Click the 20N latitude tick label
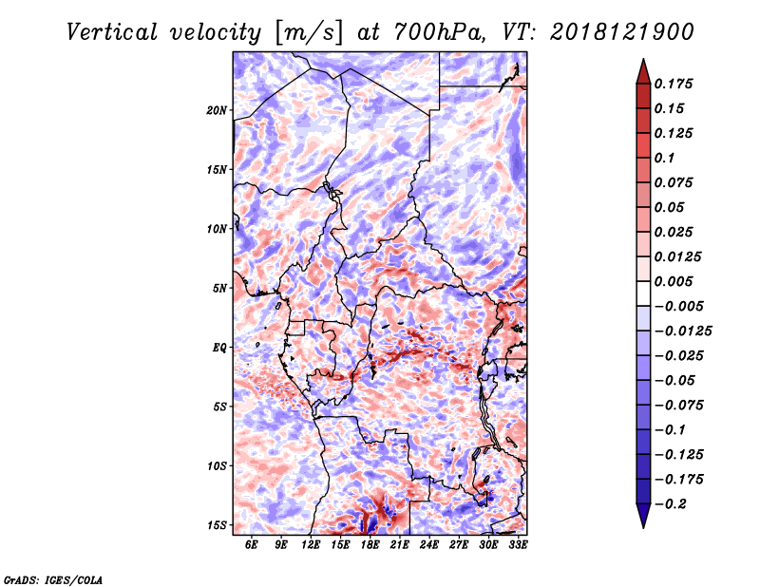click(x=217, y=110)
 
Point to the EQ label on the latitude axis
click(x=219, y=348)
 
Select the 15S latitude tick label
click(x=217, y=525)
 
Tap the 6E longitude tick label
click(x=251, y=544)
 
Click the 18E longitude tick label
click(x=370, y=544)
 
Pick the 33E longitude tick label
click(x=518, y=544)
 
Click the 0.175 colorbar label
click(x=674, y=84)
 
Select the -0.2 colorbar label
click(x=671, y=504)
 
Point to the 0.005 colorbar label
click(x=674, y=281)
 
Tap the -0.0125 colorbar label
click(x=683, y=331)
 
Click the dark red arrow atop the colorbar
click(x=643, y=71)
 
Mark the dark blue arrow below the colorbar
click(x=643, y=516)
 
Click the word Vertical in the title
click(x=112, y=32)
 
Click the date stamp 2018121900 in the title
click(x=622, y=32)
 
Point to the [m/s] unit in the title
click(x=309, y=32)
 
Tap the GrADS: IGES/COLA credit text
click(x=53, y=579)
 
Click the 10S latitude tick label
click(x=217, y=466)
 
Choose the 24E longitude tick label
click(x=429, y=544)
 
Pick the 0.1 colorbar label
click(x=664, y=158)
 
